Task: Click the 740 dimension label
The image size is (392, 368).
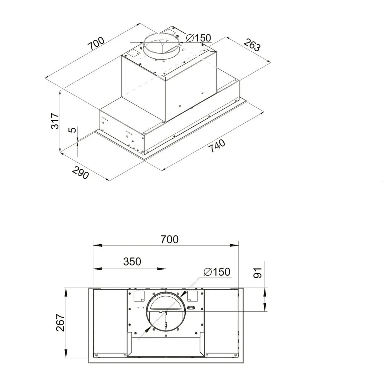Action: (x=217, y=146)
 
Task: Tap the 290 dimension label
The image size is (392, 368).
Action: (x=80, y=173)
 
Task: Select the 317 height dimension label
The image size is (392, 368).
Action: (x=55, y=121)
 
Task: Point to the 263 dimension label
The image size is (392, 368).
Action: (x=252, y=45)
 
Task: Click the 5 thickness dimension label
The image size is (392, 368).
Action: (x=72, y=130)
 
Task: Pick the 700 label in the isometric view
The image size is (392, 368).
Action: (x=96, y=44)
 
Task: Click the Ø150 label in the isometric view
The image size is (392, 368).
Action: (x=199, y=38)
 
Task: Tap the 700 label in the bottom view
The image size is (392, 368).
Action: (x=170, y=239)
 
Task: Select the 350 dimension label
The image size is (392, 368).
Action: (x=132, y=261)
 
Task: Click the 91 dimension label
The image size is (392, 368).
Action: (x=257, y=273)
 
